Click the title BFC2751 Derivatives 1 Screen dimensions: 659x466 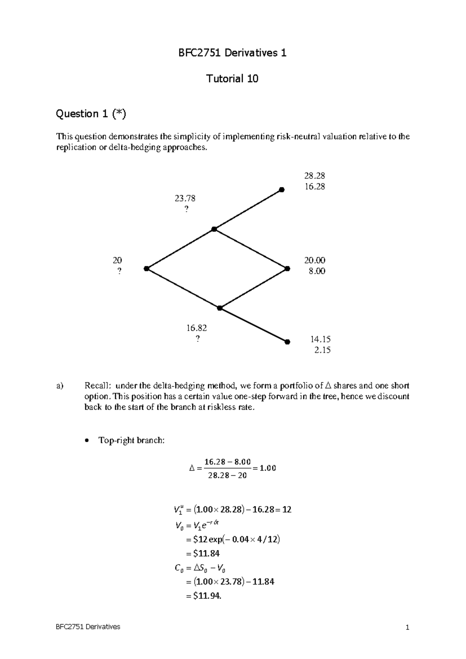tap(232, 53)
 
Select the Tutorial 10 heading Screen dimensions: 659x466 tap(232, 79)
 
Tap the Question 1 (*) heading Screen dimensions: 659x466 tap(91, 113)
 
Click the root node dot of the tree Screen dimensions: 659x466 tap(146, 268)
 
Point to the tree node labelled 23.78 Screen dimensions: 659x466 tap(214, 229)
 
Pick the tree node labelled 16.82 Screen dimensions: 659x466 tap(220, 308)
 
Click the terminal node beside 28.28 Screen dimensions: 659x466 tap(282, 190)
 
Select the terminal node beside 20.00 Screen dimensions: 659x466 tap(287, 268)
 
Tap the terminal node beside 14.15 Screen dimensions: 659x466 tap(287, 342)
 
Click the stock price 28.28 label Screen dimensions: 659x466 tap(315, 176)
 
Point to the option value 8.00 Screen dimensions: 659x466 tap(317, 271)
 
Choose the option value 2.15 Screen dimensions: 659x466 tap(322, 350)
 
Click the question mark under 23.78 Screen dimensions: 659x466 tap(186, 209)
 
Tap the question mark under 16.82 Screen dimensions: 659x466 tap(197, 339)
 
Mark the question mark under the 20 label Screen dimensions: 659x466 tap(119, 271)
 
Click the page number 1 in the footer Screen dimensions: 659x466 tap(407, 627)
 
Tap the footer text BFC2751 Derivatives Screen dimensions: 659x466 tap(88, 627)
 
